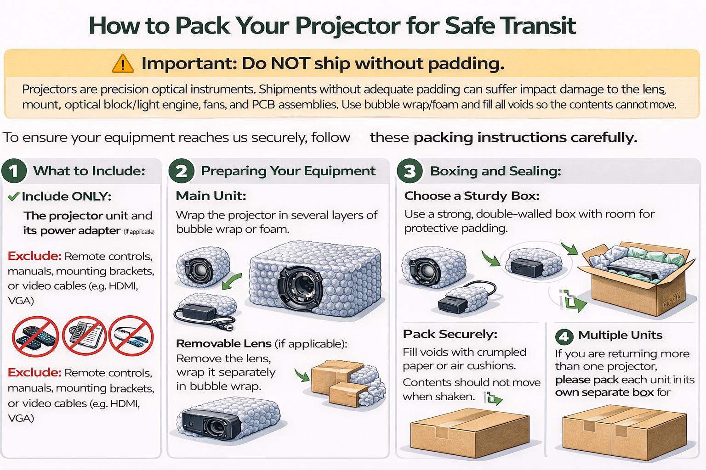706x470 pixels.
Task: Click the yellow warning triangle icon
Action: [x=123, y=63]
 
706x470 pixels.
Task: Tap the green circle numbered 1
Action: [x=14, y=171]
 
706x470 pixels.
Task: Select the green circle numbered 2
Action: [x=181, y=171]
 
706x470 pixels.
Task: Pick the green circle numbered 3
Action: [x=409, y=171]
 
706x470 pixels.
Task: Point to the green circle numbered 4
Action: [x=564, y=336]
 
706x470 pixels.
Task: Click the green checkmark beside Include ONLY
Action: [x=14, y=197]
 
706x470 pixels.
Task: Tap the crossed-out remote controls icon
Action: [x=35, y=336]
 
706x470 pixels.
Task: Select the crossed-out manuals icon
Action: [x=85, y=336]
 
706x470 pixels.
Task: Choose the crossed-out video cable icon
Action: [x=131, y=336]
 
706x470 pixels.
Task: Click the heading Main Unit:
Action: [x=211, y=196]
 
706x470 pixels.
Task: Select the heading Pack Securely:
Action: [x=450, y=334]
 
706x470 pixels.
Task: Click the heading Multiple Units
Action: [x=620, y=335]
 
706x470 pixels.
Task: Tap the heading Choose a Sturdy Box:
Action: [x=472, y=196]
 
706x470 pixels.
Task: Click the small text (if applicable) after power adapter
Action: [x=139, y=232]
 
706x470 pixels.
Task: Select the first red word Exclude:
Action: [x=34, y=256]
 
